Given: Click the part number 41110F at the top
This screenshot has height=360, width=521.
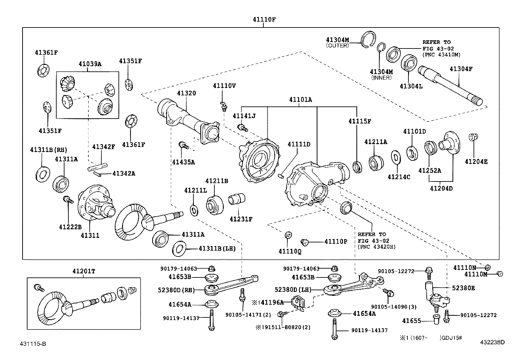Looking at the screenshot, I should tap(264, 19).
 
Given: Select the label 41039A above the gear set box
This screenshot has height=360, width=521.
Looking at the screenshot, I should tap(90, 64).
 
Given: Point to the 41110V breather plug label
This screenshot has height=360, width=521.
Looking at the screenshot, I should tap(224, 86).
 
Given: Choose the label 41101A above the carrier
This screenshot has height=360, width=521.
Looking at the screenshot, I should tap(300, 100).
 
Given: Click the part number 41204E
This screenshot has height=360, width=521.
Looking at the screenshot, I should tap(476, 161).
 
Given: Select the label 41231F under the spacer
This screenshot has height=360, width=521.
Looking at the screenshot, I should tap(241, 219).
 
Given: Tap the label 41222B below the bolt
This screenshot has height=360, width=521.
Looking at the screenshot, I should tap(70, 227).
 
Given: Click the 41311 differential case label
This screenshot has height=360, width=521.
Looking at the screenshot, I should tap(90, 235).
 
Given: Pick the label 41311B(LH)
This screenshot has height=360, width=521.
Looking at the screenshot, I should tap(217, 249).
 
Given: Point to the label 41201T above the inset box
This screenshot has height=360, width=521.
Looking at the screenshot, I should tap(84, 271).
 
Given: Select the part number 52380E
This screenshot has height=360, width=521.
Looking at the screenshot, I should tap(463, 288).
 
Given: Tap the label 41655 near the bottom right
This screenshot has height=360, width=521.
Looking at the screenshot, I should tap(411, 321).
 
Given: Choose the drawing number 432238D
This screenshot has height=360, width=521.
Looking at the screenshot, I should tap(492, 342).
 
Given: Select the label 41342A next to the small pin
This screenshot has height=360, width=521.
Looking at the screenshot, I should tap(124, 173).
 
